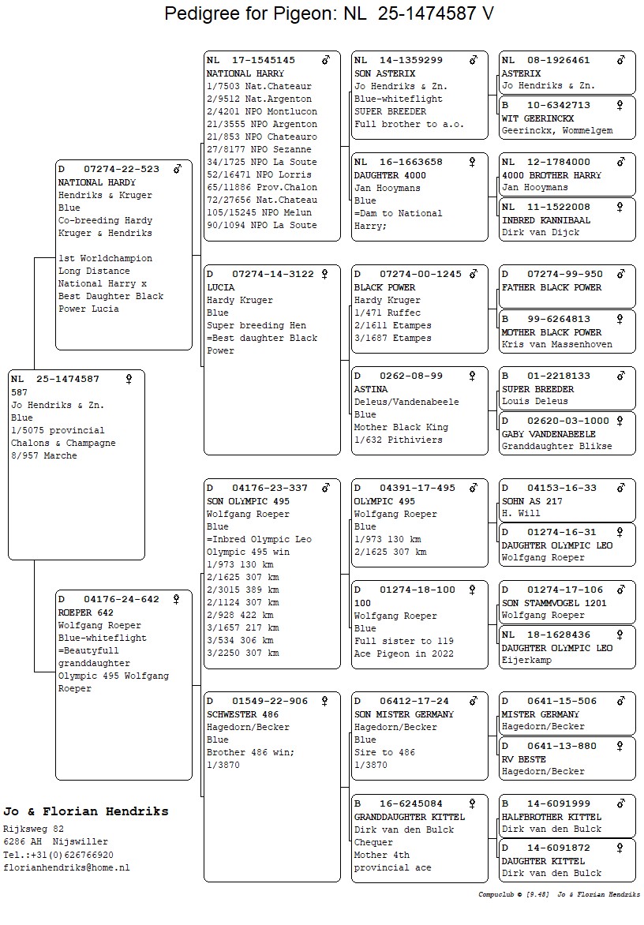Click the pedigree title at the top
329,13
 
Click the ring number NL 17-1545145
251,60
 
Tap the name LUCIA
221,287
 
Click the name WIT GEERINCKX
538,118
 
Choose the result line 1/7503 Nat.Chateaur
259,86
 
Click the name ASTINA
371,389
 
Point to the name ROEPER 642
88,612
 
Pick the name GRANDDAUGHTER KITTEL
410,817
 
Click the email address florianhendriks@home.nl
66,867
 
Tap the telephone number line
58,855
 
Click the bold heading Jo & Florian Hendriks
86,811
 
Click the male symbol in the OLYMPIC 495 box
474,488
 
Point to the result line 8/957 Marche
44,456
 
